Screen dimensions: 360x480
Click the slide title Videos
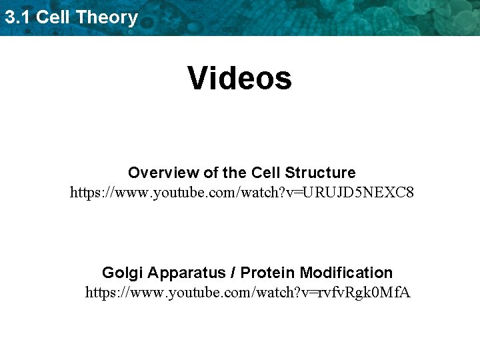pos(240,78)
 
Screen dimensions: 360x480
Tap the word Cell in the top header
pos(53,17)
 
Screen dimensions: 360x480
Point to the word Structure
pos(320,173)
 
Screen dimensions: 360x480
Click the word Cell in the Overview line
pos(266,173)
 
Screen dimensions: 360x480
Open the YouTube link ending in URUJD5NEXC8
pos(242,193)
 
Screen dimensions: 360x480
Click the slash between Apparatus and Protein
pos(232,273)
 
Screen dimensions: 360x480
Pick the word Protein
pos(268,273)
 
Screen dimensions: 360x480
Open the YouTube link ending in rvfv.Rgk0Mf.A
pos(247,293)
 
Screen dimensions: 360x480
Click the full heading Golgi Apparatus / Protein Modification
pos(247,273)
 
